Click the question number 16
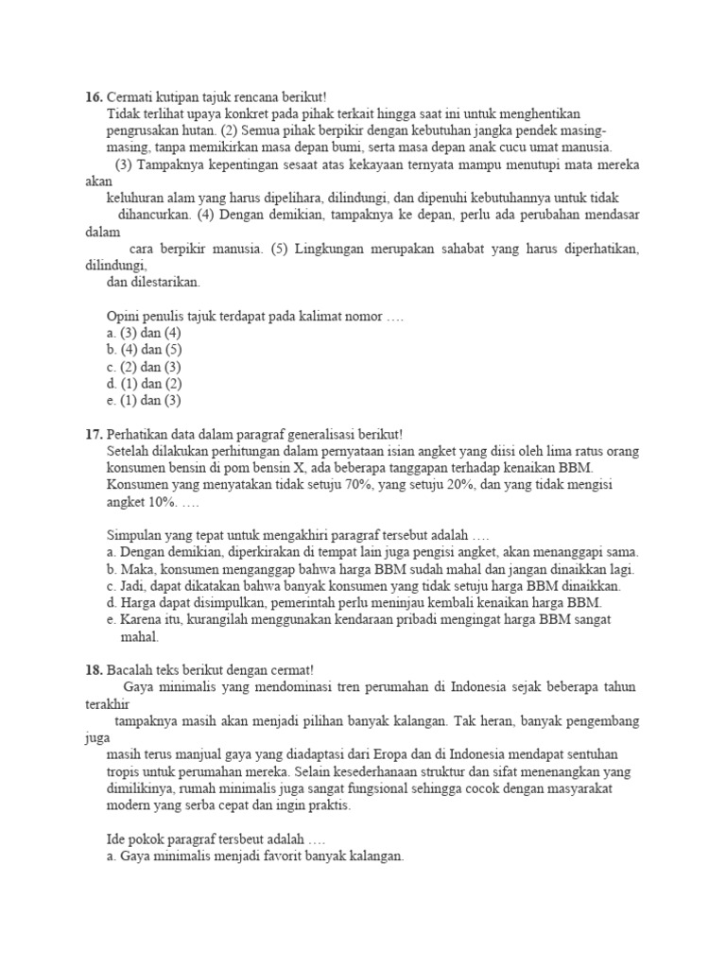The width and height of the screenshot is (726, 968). pos(93,96)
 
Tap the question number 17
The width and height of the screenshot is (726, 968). pos(93,434)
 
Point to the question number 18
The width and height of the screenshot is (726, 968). pos(93,669)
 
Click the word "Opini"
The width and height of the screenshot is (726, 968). pos(125,316)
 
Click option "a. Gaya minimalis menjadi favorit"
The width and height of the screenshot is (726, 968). pos(255,856)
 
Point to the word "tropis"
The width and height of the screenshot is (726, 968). pos(124,771)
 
